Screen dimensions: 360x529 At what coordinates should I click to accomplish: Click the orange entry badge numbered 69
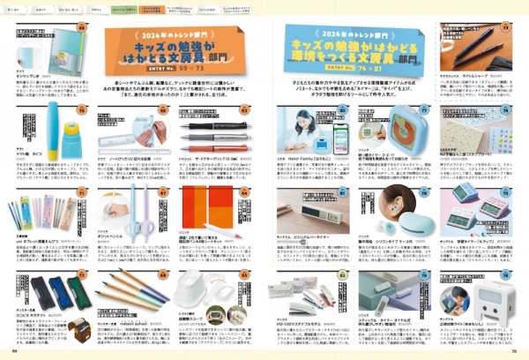[81, 26]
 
